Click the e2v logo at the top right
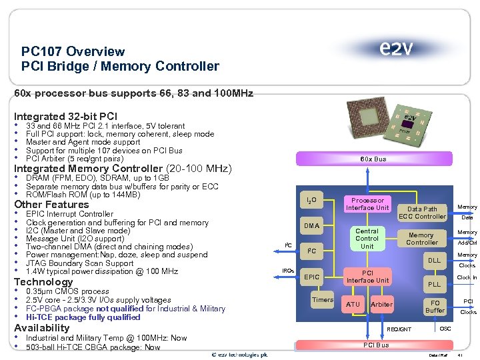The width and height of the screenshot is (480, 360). point(397,49)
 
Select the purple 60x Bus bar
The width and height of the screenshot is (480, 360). point(373,159)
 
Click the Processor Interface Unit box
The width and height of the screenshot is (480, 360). point(367,204)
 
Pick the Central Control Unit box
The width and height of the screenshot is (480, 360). point(367,239)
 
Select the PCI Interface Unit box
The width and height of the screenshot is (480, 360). point(367,276)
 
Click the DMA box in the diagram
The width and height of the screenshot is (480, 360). point(311,225)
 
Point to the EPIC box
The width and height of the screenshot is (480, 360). point(311,276)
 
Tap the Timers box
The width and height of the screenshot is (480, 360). point(323,300)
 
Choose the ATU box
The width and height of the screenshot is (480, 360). point(353,305)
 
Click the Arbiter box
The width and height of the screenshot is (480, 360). point(381,305)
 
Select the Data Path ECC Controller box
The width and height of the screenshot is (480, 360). point(421,212)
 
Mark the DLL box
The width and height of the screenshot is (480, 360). point(434,261)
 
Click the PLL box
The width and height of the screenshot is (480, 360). point(434,284)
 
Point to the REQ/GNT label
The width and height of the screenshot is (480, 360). point(399,329)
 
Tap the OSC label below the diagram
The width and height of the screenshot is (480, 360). point(445,328)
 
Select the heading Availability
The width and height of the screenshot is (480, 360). point(41,328)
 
